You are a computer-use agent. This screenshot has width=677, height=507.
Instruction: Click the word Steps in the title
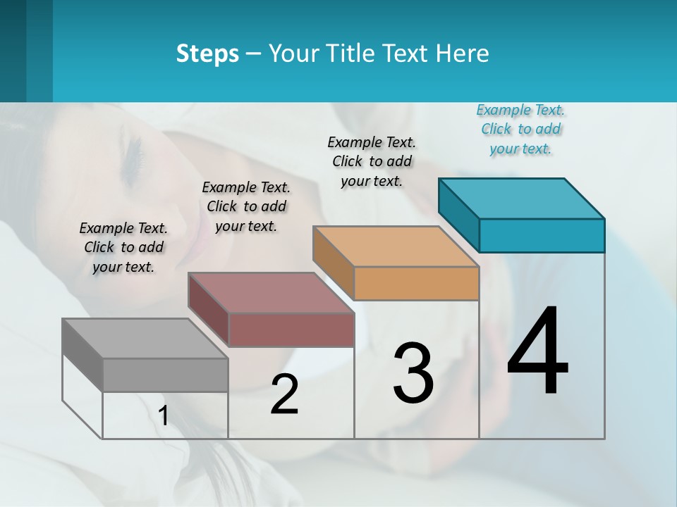click(x=207, y=54)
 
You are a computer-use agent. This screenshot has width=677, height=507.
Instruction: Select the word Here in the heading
click(x=463, y=54)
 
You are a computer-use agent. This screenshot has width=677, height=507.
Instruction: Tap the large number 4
click(x=537, y=351)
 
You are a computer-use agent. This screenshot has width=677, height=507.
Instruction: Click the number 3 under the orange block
click(x=413, y=373)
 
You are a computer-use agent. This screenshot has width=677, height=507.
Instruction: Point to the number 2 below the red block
click(x=284, y=394)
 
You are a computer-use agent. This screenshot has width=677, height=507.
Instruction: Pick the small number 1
click(x=164, y=415)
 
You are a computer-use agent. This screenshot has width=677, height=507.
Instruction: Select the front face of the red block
click(x=291, y=330)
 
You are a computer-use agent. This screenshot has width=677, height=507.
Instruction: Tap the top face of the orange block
click(x=396, y=246)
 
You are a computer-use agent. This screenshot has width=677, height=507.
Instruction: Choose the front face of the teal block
click(x=542, y=235)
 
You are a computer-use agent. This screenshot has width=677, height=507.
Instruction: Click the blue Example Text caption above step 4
click(x=520, y=130)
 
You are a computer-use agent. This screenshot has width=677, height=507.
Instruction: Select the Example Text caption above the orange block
click(x=372, y=161)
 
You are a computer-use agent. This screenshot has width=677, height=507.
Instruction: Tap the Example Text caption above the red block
click(x=246, y=206)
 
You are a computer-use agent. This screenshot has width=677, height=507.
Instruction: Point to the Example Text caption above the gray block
click(x=123, y=247)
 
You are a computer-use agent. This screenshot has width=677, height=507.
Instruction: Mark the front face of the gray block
click(x=165, y=375)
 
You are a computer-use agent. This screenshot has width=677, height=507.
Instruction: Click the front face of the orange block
click(x=416, y=284)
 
